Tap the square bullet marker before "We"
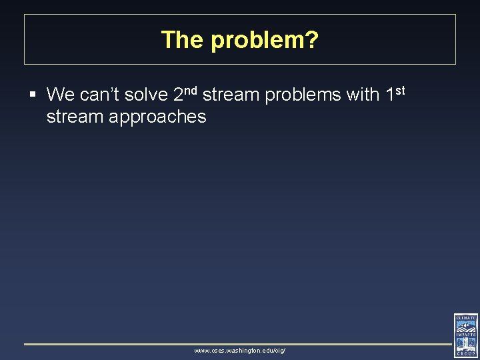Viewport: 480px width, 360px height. click(33, 95)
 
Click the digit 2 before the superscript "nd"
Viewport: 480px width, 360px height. click(178, 95)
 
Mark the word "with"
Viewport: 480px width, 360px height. click(363, 95)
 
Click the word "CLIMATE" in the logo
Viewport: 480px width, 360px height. click(466, 318)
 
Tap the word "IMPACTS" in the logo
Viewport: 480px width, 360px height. click(466, 335)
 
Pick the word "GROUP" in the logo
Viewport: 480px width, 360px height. click(466, 354)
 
